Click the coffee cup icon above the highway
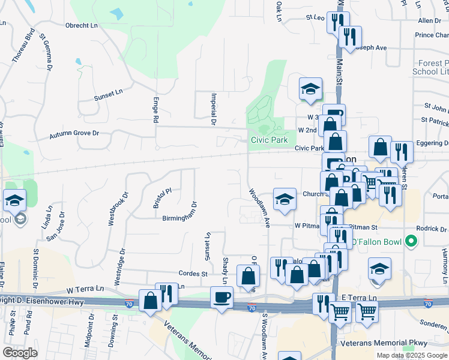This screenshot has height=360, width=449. [222, 298]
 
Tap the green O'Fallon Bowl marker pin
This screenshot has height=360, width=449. [411, 242]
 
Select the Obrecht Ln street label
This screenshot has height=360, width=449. [82, 25]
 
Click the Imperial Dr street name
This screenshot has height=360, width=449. [212, 109]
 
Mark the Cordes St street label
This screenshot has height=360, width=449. [191, 274]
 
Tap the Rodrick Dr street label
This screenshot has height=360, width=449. [432, 229]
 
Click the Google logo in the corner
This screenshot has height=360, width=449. [20, 353]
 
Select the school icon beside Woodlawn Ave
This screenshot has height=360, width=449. [285, 199]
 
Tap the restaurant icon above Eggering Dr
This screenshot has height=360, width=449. [401, 152]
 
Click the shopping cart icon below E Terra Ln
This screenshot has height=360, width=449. [340, 312]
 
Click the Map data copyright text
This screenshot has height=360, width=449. [412, 355]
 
